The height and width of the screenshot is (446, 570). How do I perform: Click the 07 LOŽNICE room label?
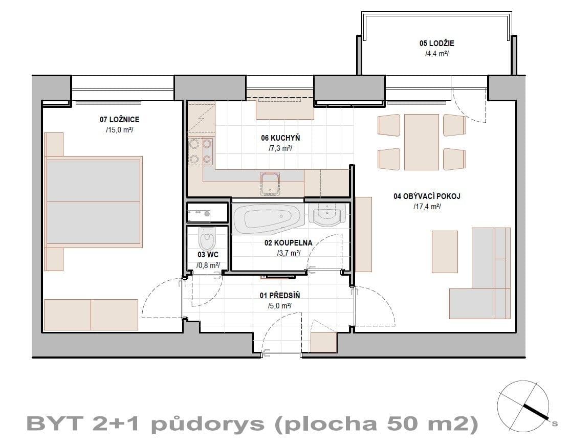119,120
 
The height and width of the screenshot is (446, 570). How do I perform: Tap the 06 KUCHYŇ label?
280,138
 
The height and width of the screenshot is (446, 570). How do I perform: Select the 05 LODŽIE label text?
436,43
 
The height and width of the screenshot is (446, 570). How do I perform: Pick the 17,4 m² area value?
427,207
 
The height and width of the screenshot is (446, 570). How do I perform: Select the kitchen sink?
269,183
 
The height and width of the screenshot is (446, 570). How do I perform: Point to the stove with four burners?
200,151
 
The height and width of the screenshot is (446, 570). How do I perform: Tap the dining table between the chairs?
421,142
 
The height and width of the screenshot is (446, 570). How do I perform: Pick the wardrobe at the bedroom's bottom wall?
91,315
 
